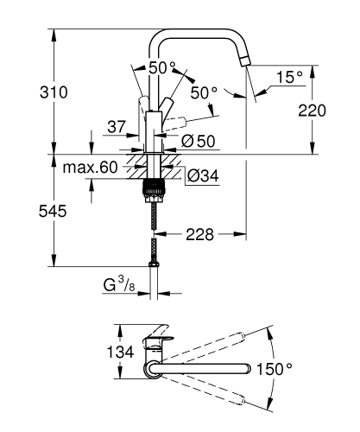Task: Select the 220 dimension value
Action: click(x=337, y=110)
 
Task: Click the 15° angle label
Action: click(x=288, y=78)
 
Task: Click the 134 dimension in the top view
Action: click(x=125, y=352)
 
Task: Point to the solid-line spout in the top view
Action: click(x=207, y=369)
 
